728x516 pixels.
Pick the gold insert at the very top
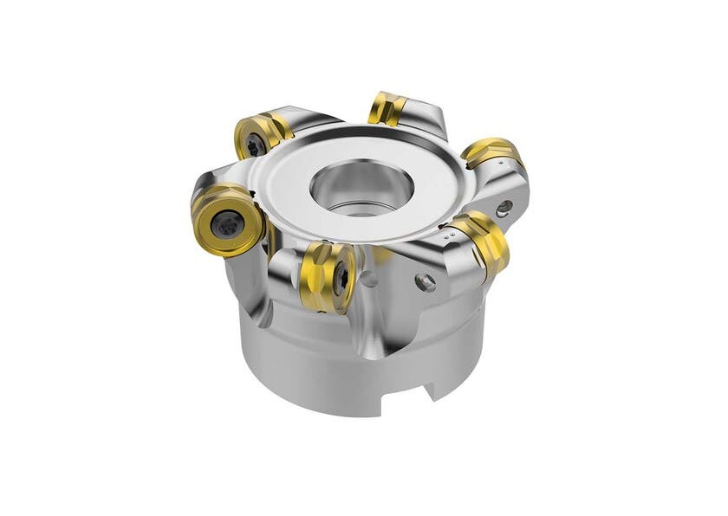[x=387, y=106]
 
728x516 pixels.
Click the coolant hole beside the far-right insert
[x=504, y=207]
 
